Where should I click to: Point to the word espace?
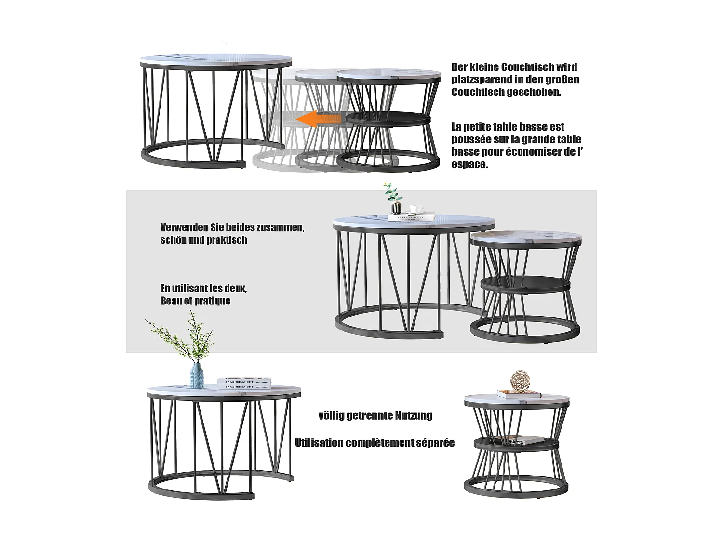coord(469,164)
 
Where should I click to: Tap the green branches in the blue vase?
coord(183,337)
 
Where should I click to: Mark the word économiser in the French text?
coord(535,152)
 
